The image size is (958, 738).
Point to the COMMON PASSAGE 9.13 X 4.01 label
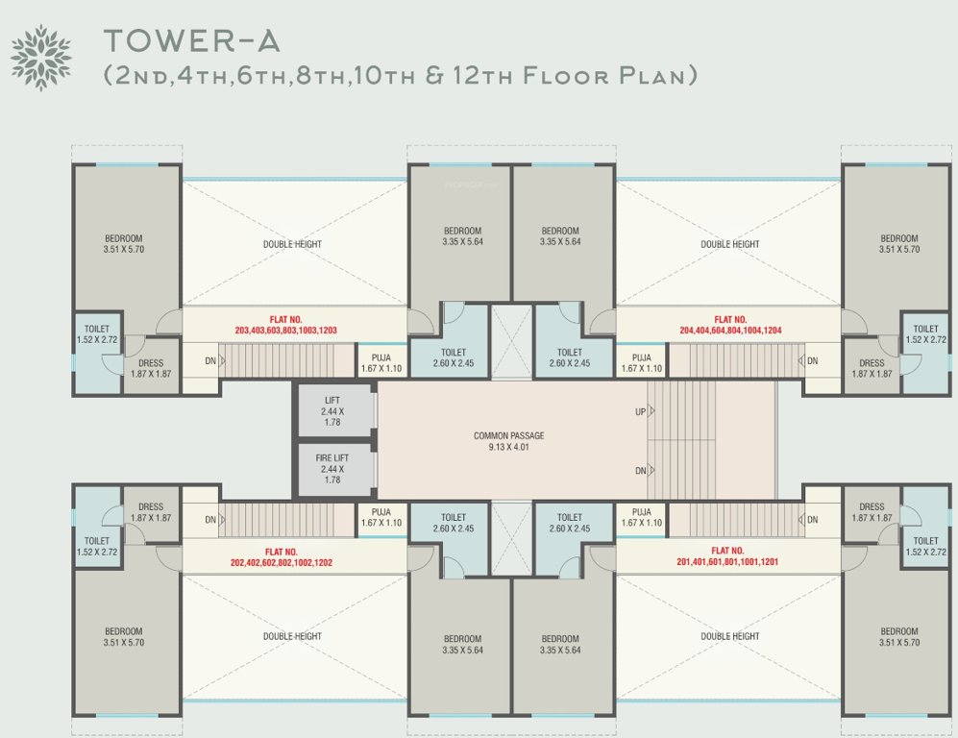tap(509, 441)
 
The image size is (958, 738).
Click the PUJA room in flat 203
tap(381, 362)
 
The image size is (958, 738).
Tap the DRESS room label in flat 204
tap(872, 369)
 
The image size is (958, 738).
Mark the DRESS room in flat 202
tap(151, 512)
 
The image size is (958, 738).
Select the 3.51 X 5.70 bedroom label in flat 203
tap(124, 244)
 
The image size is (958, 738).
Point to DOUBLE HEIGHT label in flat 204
tap(730, 244)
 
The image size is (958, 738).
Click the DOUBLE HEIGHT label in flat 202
tap(292, 636)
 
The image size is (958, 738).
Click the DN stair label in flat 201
tap(812, 520)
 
